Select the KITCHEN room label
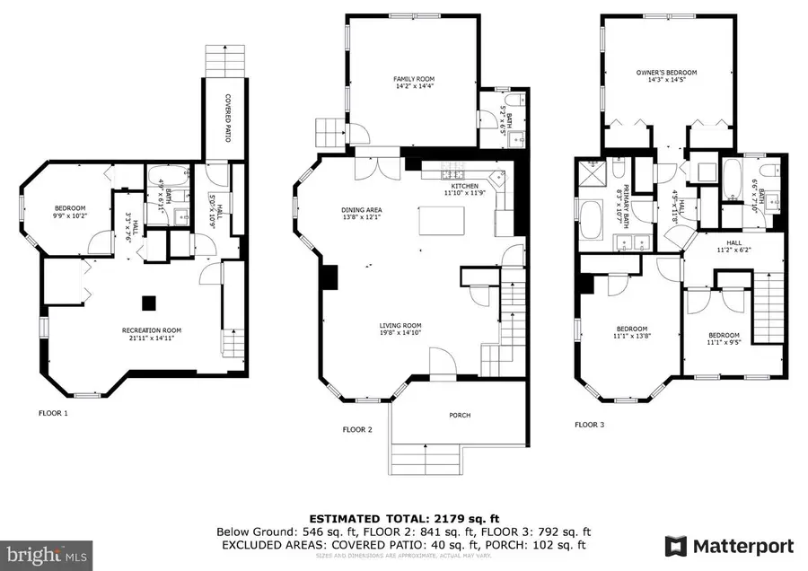[464, 184]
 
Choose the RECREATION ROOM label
[146, 330]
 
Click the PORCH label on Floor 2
[460, 415]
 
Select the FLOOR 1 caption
[52, 413]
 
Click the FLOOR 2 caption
[356, 429]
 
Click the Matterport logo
[729, 546]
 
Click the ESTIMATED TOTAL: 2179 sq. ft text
[403, 519]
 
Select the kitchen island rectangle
[442, 219]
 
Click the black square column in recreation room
[151, 303]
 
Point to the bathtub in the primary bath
[593, 220]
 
